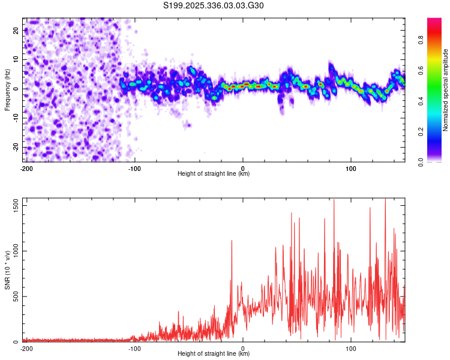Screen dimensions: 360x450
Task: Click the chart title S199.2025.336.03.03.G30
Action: point(214,5)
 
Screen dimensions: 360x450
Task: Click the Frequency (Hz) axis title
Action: point(7,89)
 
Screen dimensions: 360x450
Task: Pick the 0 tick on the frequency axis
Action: point(17,89)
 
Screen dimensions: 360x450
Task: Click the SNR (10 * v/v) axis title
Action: point(7,269)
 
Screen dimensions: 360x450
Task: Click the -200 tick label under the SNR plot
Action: point(26,348)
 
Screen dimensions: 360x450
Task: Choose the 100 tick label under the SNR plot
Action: point(350,348)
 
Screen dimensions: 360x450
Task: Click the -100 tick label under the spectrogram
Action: point(134,168)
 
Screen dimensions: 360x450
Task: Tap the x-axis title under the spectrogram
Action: point(214,174)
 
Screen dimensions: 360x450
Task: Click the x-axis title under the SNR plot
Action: point(214,354)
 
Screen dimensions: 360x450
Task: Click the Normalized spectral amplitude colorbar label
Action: point(446,89)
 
